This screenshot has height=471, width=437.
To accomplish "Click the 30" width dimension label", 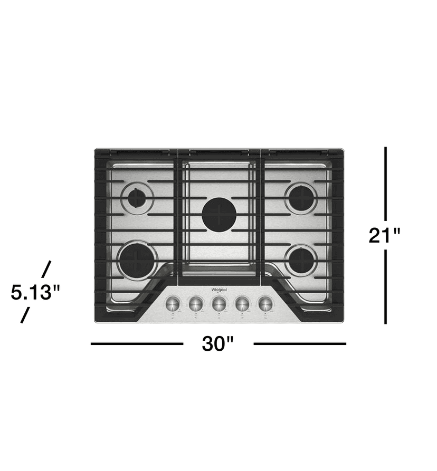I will pos(217,344).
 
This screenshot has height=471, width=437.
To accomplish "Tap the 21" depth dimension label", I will pos(386,235).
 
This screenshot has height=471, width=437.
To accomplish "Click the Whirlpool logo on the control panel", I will pos(219,290).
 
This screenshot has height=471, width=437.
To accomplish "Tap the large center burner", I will pos(218,214).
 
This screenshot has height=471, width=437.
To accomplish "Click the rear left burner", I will pos(137,198).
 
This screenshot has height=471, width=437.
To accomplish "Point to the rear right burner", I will pos(301,198).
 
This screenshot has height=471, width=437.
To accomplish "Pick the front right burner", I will pos(301,261).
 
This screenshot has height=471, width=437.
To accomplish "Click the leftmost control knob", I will pos(173,304).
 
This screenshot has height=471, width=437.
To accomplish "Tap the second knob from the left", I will pos(196,304).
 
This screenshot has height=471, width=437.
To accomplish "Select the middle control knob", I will pos(219,304).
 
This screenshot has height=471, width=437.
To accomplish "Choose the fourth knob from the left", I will pos(242,304).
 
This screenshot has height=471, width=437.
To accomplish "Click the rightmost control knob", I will pos(265,304).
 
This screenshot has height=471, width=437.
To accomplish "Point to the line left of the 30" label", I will pos(137,344).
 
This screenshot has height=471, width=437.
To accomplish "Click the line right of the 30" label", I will pos(300,344).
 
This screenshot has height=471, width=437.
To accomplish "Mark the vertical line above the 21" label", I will pos(386,183).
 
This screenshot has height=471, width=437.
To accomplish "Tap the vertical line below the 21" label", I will pos(386,286).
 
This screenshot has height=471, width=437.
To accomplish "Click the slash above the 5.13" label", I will pos(46,268).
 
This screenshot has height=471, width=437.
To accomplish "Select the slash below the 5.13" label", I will pos(24,315).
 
